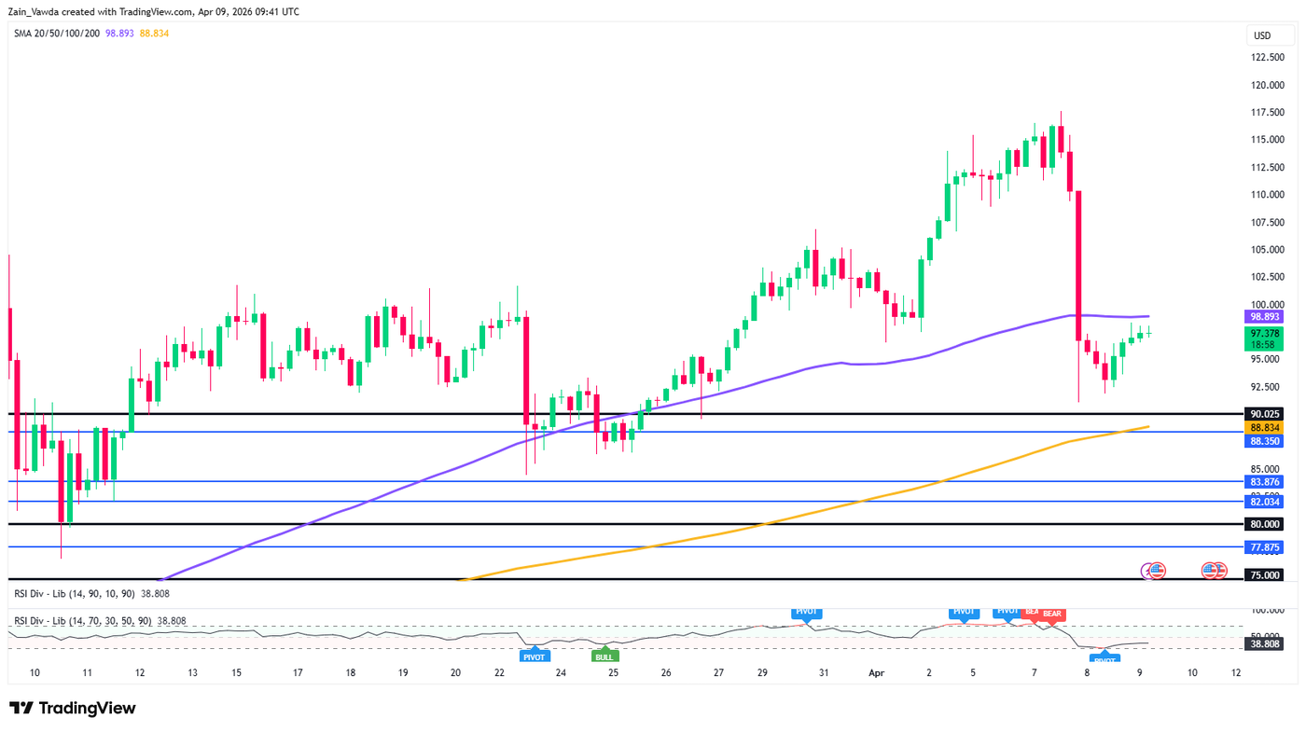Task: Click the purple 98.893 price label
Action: click(x=1265, y=317)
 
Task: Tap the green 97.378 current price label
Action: click(x=1265, y=333)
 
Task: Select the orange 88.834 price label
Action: click(x=1265, y=427)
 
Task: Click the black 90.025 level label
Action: click(x=1265, y=414)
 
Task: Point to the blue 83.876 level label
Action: click(x=1265, y=482)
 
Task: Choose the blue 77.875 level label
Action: click(x=1265, y=547)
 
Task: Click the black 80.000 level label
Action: click(x=1265, y=524)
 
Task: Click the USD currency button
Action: click(x=1262, y=36)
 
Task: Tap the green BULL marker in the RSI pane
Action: click(x=604, y=657)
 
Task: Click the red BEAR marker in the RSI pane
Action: click(x=1051, y=615)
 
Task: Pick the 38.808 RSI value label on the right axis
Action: click(x=1265, y=643)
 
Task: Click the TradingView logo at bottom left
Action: click(x=73, y=709)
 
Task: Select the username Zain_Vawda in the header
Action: click(x=36, y=11)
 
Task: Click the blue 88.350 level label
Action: click(x=1265, y=441)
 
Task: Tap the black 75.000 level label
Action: click(x=1265, y=575)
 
